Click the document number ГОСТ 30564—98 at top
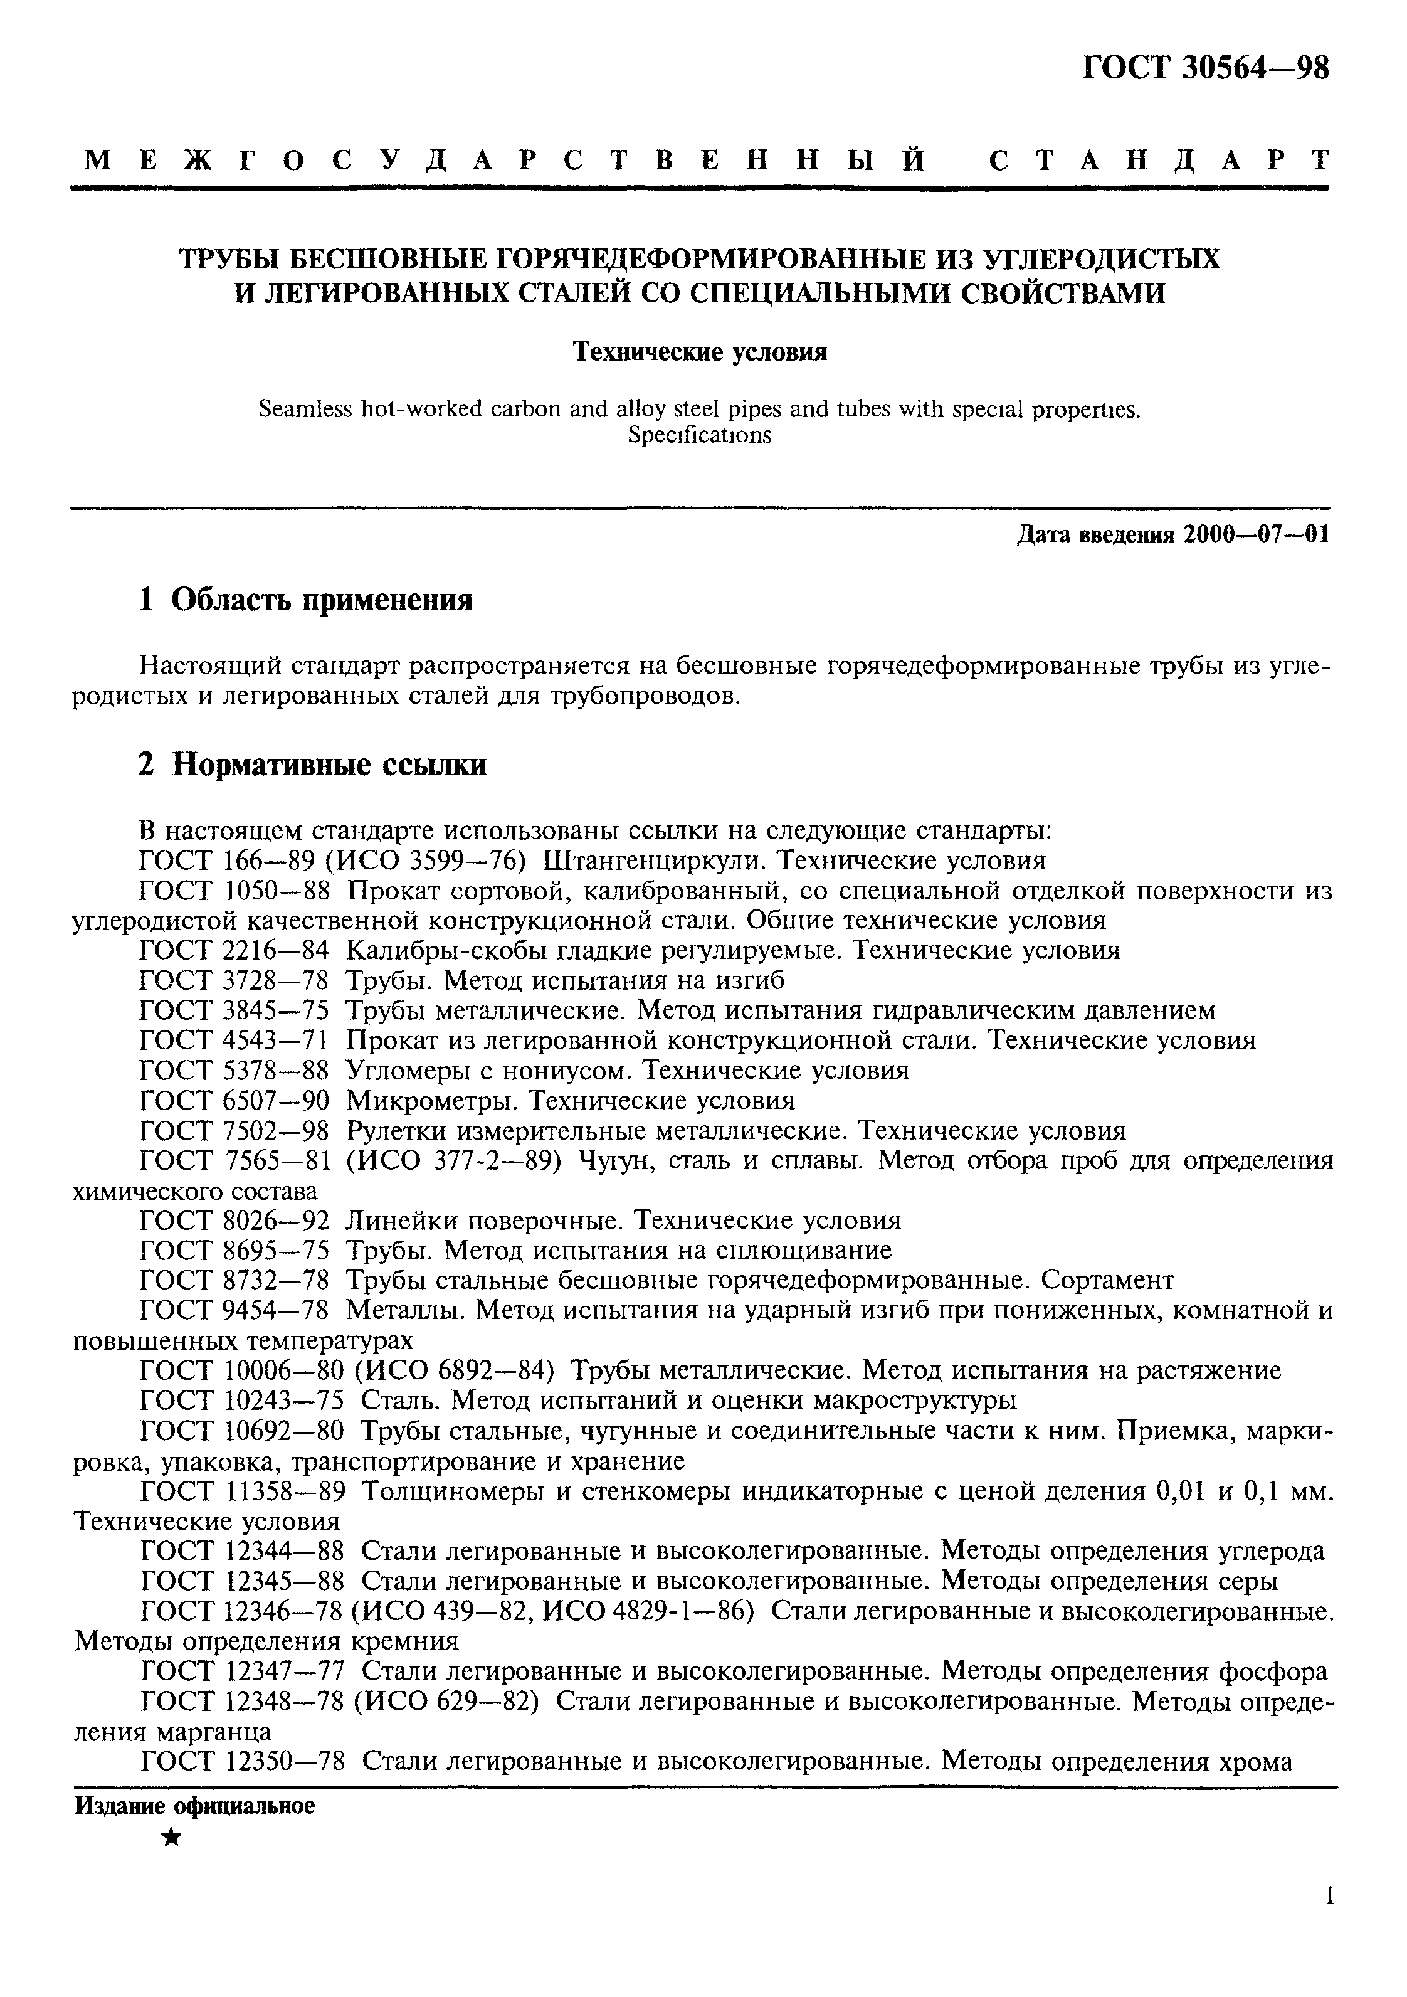click(x=1205, y=68)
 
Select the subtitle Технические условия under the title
click(x=699, y=352)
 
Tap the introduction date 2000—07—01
click(x=1256, y=534)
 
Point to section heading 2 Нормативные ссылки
click(x=312, y=765)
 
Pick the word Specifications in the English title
click(x=699, y=435)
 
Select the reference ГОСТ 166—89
click(x=234, y=861)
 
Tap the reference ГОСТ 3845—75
click(x=234, y=1010)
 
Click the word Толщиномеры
click(x=452, y=1491)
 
